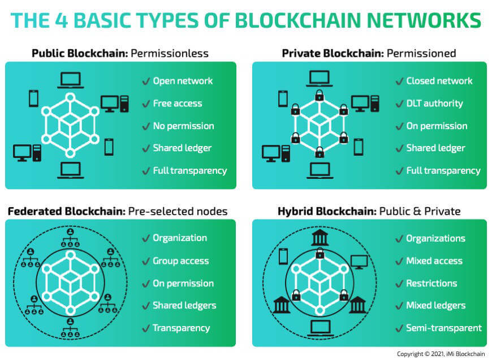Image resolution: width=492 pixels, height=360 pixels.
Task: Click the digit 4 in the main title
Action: coord(61,20)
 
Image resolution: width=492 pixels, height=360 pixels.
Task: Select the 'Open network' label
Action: coord(183,81)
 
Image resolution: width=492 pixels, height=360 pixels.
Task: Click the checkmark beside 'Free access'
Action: coord(146,104)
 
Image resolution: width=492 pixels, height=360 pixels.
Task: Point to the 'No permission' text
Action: coord(184,126)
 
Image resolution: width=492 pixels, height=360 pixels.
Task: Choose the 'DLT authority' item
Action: coord(434,104)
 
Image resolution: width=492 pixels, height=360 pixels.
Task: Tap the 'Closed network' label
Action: coord(439,81)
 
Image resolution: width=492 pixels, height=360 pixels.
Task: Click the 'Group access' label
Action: coord(181,261)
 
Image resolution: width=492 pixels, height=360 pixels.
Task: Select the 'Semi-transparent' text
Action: coord(444,328)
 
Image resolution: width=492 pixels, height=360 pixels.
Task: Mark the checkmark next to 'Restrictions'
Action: coord(399,284)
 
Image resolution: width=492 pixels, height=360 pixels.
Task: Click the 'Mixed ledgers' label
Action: coord(436,306)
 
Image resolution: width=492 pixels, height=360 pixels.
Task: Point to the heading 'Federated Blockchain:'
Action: coord(67,211)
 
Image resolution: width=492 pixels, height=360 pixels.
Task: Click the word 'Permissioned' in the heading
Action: coord(421,53)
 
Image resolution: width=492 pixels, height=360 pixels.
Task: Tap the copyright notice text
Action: coord(441,354)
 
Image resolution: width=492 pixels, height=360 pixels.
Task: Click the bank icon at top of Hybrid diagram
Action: coord(320,237)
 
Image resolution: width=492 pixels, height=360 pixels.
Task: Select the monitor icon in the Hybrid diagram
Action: coord(359,262)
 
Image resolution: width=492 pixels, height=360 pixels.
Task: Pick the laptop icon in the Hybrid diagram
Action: coord(320,328)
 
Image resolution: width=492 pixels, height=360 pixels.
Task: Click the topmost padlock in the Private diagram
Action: coord(320,95)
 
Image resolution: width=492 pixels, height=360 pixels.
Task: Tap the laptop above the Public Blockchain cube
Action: coord(71,80)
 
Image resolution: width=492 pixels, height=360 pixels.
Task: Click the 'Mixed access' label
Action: coord(434,261)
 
